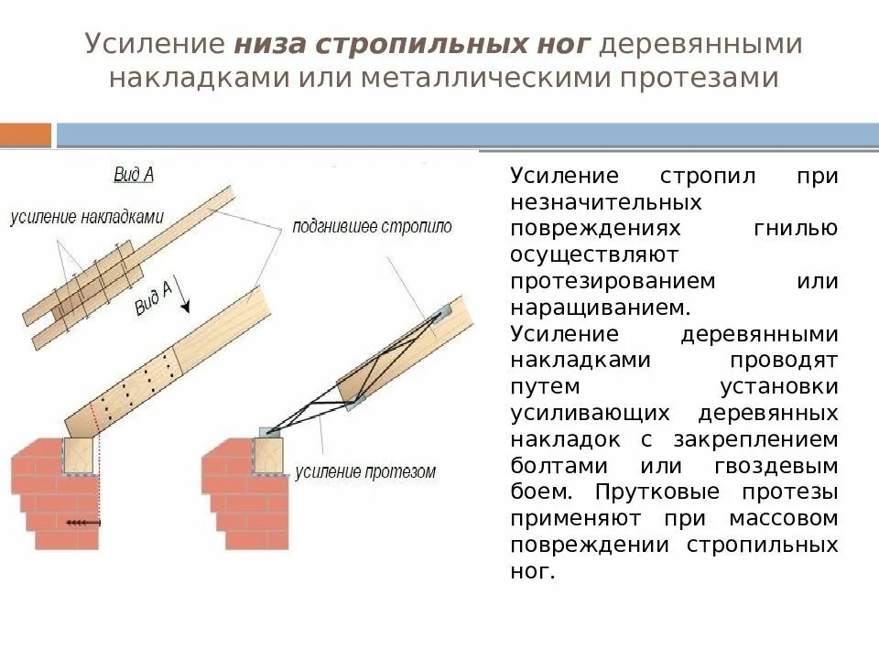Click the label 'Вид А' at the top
coord(133,173)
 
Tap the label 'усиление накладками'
coord(87,218)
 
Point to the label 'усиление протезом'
coord(365,472)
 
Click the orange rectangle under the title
coord(26,135)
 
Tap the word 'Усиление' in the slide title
coord(155,44)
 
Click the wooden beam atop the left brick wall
coord(80,455)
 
